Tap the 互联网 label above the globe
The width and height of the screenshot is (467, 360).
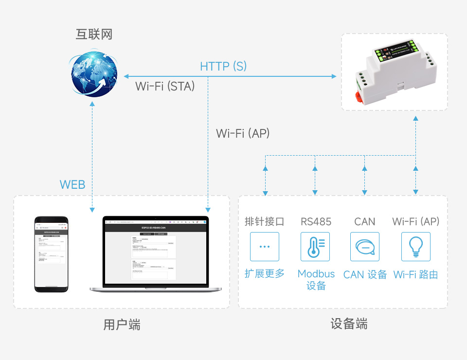pyautogui.click(x=94, y=34)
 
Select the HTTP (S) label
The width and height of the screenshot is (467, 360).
pyautogui.click(x=223, y=66)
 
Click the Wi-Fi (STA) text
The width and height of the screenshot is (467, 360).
pyautogui.click(x=165, y=87)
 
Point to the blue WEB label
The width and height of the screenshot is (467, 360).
pyautogui.click(x=72, y=185)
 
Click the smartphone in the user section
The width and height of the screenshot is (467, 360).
pyautogui.click(x=51, y=254)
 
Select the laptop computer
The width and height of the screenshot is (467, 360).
pyautogui.click(x=156, y=254)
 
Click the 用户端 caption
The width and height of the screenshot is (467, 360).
pyautogui.click(x=122, y=325)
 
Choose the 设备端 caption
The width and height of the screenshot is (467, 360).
pyautogui.click(x=349, y=324)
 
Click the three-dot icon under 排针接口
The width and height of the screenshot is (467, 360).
pyautogui.click(x=265, y=247)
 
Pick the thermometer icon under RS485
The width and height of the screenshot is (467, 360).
pyautogui.click(x=315, y=247)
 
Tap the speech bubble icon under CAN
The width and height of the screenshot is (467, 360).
pyautogui.click(x=365, y=247)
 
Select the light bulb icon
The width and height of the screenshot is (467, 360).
pyautogui.click(x=415, y=247)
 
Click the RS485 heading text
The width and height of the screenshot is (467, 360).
pyautogui.click(x=316, y=222)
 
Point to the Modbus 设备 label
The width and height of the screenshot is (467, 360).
pyautogui.click(x=316, y=280)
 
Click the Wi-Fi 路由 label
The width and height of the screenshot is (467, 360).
pyautogui.click(x=415, y=274)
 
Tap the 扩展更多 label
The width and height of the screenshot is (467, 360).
pyautogui.click(x=265, y=273)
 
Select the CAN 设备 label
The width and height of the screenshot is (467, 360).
pyautogui.click(x=365, y=274)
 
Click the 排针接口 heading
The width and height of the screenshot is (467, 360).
pyautogui.click(x=265, y=222)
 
